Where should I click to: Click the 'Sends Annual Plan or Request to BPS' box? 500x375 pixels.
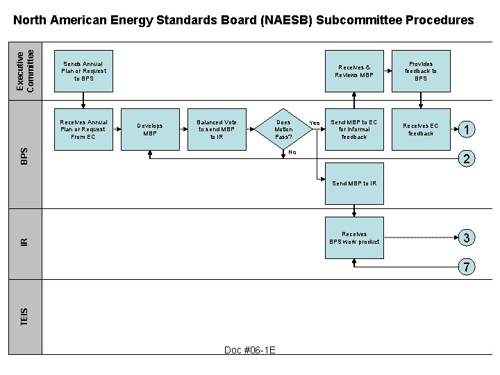click(83, 72)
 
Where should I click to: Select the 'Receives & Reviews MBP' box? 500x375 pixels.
click(354, 72)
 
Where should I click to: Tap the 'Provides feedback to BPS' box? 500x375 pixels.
click(421, 72)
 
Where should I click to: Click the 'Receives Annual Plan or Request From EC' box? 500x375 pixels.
click(83, 129)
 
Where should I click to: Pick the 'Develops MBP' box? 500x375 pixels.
click(150, 129)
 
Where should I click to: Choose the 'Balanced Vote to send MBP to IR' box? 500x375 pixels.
click(217, 129)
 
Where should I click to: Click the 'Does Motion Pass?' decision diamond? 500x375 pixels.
click(283, 129)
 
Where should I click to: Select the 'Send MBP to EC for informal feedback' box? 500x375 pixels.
click(354, 129)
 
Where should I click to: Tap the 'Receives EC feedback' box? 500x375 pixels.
click(421, 129)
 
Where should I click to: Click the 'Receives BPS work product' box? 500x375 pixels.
click(354, 238)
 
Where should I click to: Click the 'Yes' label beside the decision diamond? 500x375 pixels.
click(314, 123)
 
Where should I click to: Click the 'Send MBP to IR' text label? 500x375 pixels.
click(354, 183)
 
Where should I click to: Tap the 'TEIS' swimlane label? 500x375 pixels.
click(25, 317)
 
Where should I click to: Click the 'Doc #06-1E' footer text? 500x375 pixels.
click(250, 350)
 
